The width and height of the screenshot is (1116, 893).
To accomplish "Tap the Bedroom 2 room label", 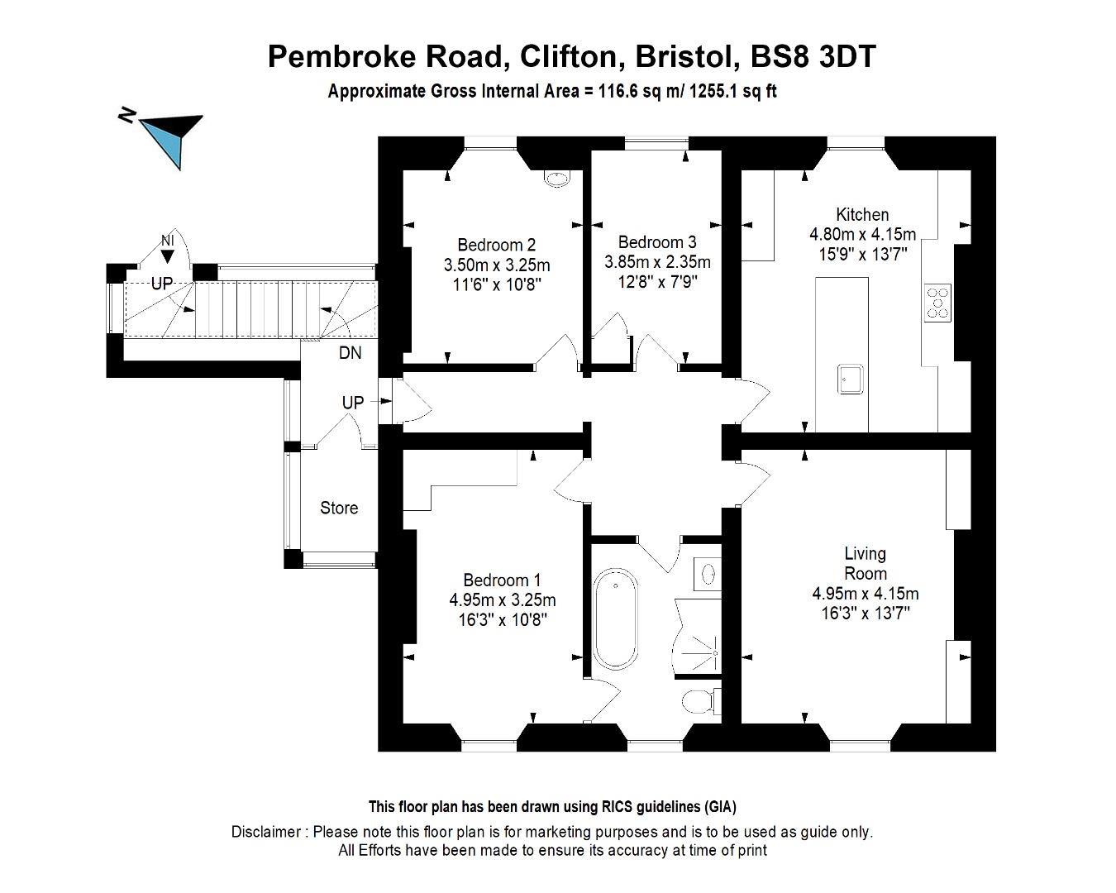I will click(x=496, y=245).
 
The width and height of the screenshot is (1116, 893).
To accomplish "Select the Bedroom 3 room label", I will click(x=656, y=242).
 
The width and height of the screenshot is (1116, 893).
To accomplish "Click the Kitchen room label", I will click(x=862, y=215).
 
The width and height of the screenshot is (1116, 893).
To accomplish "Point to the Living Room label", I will click(x=865, y=563).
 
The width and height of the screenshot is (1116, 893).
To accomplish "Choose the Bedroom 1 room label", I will click(x=502, y=580).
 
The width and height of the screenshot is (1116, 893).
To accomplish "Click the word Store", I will click(x=339, y=508).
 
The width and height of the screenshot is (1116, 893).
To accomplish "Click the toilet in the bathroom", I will click(x=696, y=702).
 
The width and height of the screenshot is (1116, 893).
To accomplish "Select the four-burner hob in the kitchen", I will click(x=937, y=302).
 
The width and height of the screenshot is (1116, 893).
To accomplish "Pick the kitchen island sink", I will click(x=852, y=379).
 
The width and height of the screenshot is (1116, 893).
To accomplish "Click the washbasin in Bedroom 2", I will click(x=557, y=177).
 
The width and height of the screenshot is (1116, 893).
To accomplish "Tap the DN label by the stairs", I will click(x=350, y=353).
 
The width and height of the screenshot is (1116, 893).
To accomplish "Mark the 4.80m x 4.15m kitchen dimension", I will click(x=862, y=235).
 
